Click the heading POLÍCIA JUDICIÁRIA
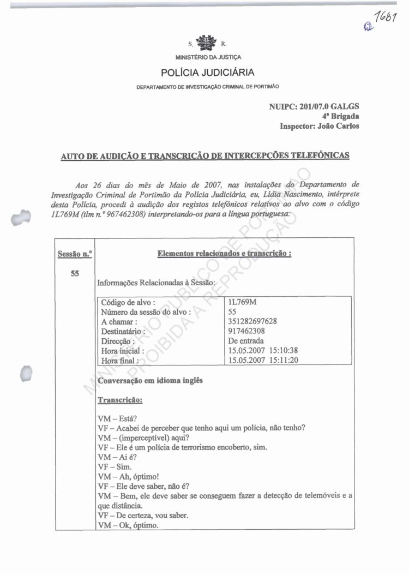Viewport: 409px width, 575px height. [x=207, y=73]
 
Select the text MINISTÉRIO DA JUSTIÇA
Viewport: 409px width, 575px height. [x=208, y=57]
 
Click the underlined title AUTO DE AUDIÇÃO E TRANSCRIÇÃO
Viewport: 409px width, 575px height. [x=204, y=157]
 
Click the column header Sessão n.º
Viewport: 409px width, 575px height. [x=75, y=254]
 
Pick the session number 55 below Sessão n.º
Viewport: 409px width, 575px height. [x=75, y=273]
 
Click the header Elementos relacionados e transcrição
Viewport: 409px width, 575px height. [x=224, y=254]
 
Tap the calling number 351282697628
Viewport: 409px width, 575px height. [x=253, y=321]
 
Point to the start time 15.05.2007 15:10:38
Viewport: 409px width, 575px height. [x=263, y=350]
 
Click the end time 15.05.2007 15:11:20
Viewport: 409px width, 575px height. [x=263, y=360]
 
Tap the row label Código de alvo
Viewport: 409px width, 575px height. [x=129, y=302]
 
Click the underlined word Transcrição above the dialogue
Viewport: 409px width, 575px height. [x=120, y=400]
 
